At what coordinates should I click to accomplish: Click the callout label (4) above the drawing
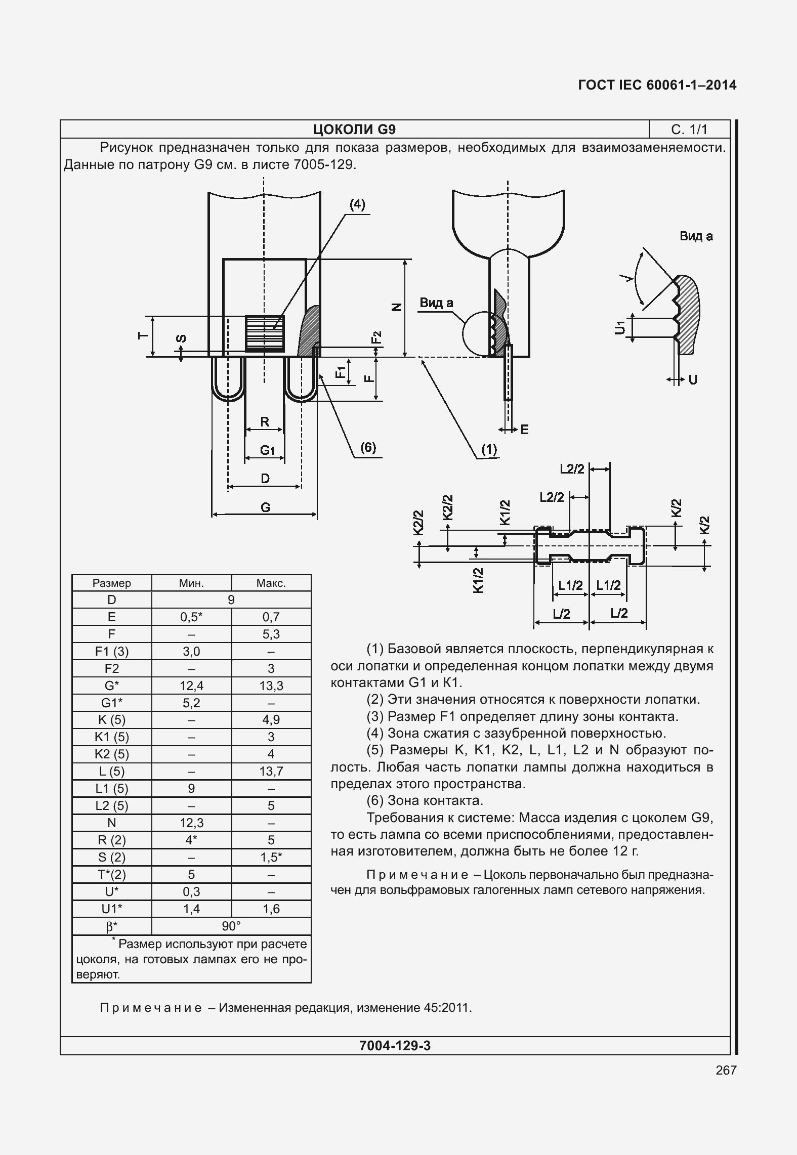pyautogui.click(x=357, y=204)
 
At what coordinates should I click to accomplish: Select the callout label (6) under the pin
pyautogui.click(x=368, y=448)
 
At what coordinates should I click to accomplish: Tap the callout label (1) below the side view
pyautogui.click(x=489, y=449)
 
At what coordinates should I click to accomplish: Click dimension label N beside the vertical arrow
pyautogui.click(x=397, y=307)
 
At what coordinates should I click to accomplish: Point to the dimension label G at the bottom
pyautogui.click(x=265, y=507)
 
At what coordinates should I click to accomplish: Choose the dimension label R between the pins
pyautogui.click(x=264, y=421)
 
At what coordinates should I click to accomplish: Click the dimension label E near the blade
pyautogui.click(x=524, y=430)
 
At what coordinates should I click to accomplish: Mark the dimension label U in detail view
pyautogui.click(x=693, y=379)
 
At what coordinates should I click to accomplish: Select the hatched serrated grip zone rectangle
pyautogui.click(x=265, y=332)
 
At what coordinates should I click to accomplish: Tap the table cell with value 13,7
pyautogui.click(x=271, y=771)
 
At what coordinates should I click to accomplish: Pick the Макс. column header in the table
pyautogui.click(x=271, y=583)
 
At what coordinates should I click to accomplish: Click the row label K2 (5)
pyautogui.click(x=112, y=754)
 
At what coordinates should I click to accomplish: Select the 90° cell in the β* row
pyautogui.click(x=231, y=926)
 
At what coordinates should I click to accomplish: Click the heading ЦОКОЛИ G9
pyautogui.click(x=354, y=130)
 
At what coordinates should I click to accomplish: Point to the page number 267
pyautogui.click(x=726, y=1070)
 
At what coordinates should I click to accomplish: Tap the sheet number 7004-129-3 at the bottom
pyautogui.click(x=395, y=1046)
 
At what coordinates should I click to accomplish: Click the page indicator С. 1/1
pyautogui.click(x=689, y=130)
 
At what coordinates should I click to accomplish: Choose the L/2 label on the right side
pyautogui.click(x=619, y=613)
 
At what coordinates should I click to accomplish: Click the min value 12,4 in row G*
pyautogui.click(x=191, y=686)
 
